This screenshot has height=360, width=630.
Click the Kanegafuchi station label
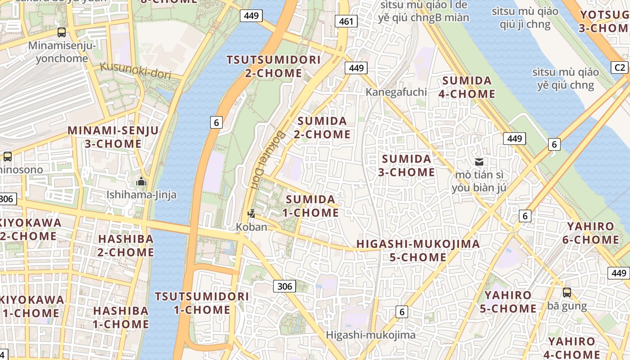coord(396,92)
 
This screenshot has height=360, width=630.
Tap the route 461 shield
coord(346,21)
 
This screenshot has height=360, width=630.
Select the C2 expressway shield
coord(620,67)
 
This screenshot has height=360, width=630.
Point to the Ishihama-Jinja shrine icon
coord(141,182)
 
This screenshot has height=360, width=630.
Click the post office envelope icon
coord(479,162)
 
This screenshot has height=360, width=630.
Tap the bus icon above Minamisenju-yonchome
coord(62,32)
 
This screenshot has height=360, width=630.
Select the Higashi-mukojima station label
coord(370,335)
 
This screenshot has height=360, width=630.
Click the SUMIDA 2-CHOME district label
coord(322,127)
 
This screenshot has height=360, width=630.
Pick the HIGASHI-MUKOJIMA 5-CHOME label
coord(418,251)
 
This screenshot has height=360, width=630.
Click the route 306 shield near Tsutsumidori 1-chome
coord(284,286)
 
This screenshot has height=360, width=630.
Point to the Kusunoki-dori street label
coord(135,71)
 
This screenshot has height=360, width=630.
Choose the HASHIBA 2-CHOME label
coord(126,245)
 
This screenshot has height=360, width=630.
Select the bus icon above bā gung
coord(567,292)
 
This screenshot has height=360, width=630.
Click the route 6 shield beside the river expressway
coord(216,122)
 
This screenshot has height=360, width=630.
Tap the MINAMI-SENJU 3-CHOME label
coord(113,137)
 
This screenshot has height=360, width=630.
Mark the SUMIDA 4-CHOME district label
coord(468,87)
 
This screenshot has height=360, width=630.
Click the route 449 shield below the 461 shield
coord(356,68)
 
